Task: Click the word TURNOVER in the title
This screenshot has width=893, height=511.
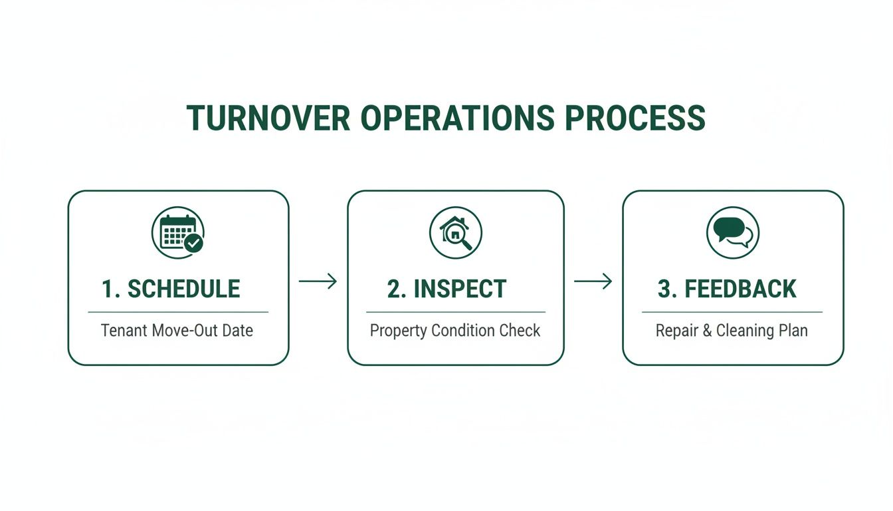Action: pyautogui.click(x=268, y=118)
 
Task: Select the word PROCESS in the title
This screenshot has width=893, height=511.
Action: pyautogui.click(x=635, y=118)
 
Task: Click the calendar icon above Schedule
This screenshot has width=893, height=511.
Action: pyautogui.click(x=177, y=232)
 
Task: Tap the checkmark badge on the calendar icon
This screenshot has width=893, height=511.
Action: pyautogui.click(x=194, y=243)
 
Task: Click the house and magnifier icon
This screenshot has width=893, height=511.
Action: pyautogui.click(x=456, y=232)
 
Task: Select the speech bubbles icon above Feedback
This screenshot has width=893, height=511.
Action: pyautogui.click(x=732, y=232)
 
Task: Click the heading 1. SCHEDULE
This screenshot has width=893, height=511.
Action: pyautogui.click(x=171, y=289)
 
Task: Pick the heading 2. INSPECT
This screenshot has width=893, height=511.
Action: pyautogui.click(x=446, y=289)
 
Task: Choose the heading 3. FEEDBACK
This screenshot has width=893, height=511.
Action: pyautogui.click(x=727, y=289)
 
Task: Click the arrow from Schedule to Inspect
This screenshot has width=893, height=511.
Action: pyautogui.click(x=318, y=281)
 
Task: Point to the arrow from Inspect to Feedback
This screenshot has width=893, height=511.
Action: pyautogui.click(x=593, y=281)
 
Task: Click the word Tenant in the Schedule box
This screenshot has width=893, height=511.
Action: pyautogui.click(x=124, y=331)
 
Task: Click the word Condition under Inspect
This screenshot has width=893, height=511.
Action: pyautogui.click(x=466, y=331)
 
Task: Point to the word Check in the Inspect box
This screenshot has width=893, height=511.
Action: pyautogui.click(x=522, y=331)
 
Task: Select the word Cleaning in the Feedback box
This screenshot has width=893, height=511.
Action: pyautogui.click(x=744, y=331)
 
